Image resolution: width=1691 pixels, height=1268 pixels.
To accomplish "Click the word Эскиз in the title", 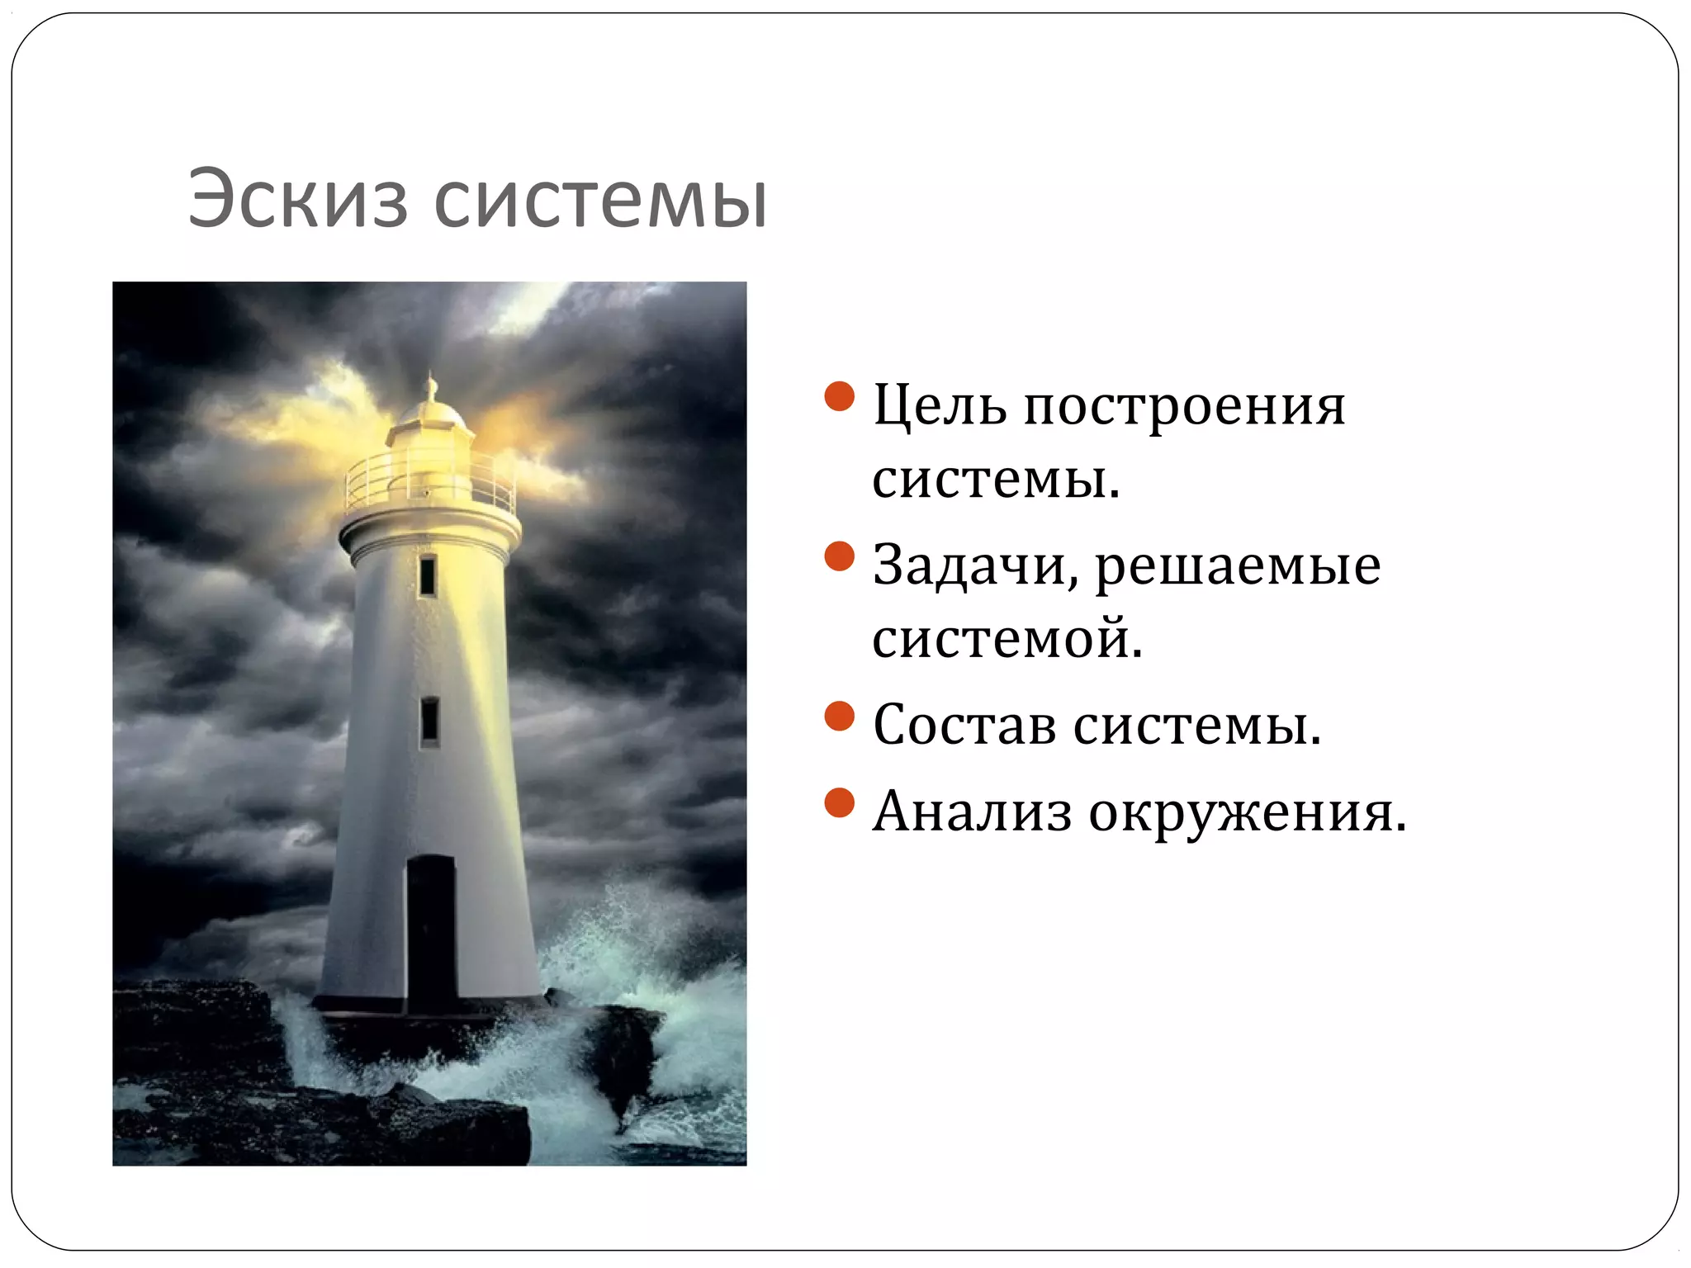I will (x=297, y=200).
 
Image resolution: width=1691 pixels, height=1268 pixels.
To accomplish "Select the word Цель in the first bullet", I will (x=940, y=406).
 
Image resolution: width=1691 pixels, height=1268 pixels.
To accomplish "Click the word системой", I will (x=1007, y=638).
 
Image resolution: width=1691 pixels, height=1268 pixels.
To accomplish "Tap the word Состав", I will (x=964, y=725).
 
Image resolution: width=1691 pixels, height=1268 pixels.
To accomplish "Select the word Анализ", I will (x=972, y=811).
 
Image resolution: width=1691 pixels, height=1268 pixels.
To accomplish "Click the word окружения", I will (x=1247, y=812).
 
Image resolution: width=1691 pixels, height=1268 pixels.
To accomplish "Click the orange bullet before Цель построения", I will (x=839, y=396).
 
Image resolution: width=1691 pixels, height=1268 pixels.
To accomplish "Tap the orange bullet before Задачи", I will (x=839, y=556).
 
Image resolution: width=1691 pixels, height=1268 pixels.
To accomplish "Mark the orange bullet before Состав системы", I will (x=839, y=716).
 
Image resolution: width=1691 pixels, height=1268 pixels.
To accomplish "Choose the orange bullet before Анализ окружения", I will (x=839, y=802).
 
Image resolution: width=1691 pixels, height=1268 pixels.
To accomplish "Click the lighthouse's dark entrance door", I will (x=431, y=933).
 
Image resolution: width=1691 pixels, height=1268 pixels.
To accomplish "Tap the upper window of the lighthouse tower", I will (x=427, y=575).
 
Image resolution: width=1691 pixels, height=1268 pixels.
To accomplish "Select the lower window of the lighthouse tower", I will (x=429, y=721).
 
